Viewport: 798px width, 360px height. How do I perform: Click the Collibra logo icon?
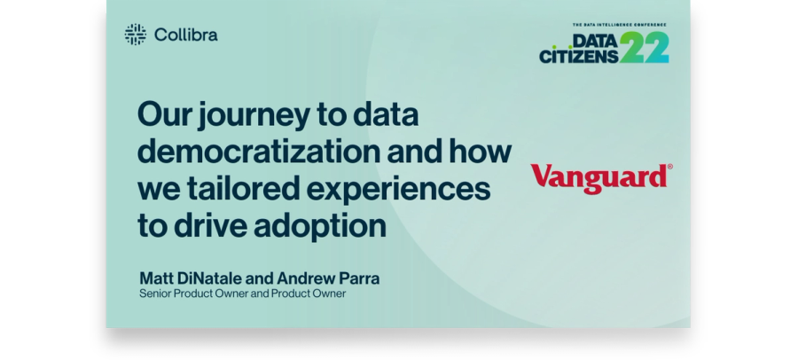click(x=136, y=35)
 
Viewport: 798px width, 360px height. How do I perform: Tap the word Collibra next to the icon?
click(x=186, y=35)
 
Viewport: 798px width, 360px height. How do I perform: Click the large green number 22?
click(x=644, y=47)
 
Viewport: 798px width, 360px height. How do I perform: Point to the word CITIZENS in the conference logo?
click(x=579, y=56)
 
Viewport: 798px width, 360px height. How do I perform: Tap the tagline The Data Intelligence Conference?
click(x=620, y=25)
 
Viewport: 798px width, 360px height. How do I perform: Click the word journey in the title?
click(x=254, y=116)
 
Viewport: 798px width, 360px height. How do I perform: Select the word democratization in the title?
click(x=259, y=152)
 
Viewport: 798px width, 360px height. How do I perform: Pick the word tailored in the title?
click(x=243, y=188)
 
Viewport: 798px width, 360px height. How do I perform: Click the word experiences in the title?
click(x=398, y=191)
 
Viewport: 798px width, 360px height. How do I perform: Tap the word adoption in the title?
click(x=320, y=226)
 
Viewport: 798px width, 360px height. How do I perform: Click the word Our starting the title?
click(x=165, y=114)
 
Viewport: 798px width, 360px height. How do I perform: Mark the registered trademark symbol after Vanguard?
click(x=669, y=167)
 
